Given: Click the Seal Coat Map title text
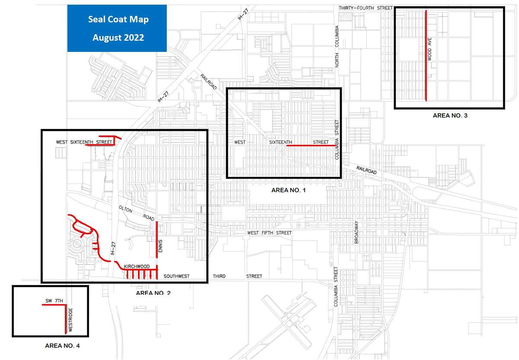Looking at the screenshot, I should point(118,19).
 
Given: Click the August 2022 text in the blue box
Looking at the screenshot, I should point(118,38).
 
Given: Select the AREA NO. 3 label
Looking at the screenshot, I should point(450,116).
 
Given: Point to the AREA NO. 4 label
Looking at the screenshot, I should point(62,346).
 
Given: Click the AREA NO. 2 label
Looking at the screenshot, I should point(153,293).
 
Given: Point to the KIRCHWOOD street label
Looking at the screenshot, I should point(137,266).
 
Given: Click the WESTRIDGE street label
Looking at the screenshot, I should point(70,319).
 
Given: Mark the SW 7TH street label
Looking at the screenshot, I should point(54,300).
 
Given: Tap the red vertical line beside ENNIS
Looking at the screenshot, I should point(156,239).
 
